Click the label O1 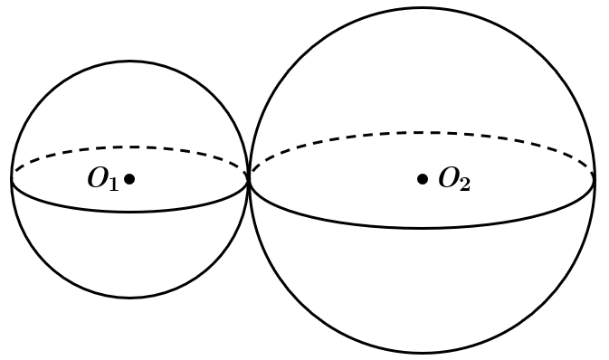pos(103,179)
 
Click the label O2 pos(454,179)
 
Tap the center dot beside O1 pos(129,179)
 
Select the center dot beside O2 pos(423,179)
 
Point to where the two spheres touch pos(249,179)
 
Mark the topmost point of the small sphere pos(129,61)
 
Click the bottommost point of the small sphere pos(129,298)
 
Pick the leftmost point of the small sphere pos(12,179)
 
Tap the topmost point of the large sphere pos(423,7)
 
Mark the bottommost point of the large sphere pos(423,353)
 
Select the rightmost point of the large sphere pos(595,179)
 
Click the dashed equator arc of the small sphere pos(129,147)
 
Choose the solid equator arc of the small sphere pos(129,212)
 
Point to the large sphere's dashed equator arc pos(423,133)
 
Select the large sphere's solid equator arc pos(423,228)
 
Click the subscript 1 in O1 pos(113,184)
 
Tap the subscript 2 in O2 pos(465,184)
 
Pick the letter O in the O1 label pos(98,178)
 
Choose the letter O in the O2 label pos(449,178)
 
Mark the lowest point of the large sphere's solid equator pos(423,228)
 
